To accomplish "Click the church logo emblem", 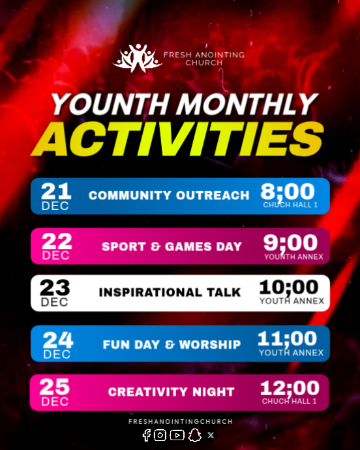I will click(x=137, y=58).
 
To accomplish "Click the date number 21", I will click(x=55, y=191).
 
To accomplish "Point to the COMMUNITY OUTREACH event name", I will click(x=169, y=195).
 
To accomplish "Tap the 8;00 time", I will click(x=288, y=192).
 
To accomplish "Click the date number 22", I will click(x=57, y=241).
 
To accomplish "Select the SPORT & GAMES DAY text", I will click(x=172, y=247).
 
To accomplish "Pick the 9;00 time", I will click(x=291, y=243).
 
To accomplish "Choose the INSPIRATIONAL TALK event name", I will click(x=170, y=292).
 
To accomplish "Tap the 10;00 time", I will click(x=289, y=287).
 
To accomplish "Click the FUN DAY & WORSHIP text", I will click(x=172, y=344).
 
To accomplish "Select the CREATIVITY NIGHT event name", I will click(x=172, y=392).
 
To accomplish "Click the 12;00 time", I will click(x=290, y=388).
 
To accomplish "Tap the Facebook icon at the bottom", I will click(x=146, y=435).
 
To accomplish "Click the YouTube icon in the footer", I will click(x=177, y=435).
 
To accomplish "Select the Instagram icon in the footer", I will click(x=160, y=435).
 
